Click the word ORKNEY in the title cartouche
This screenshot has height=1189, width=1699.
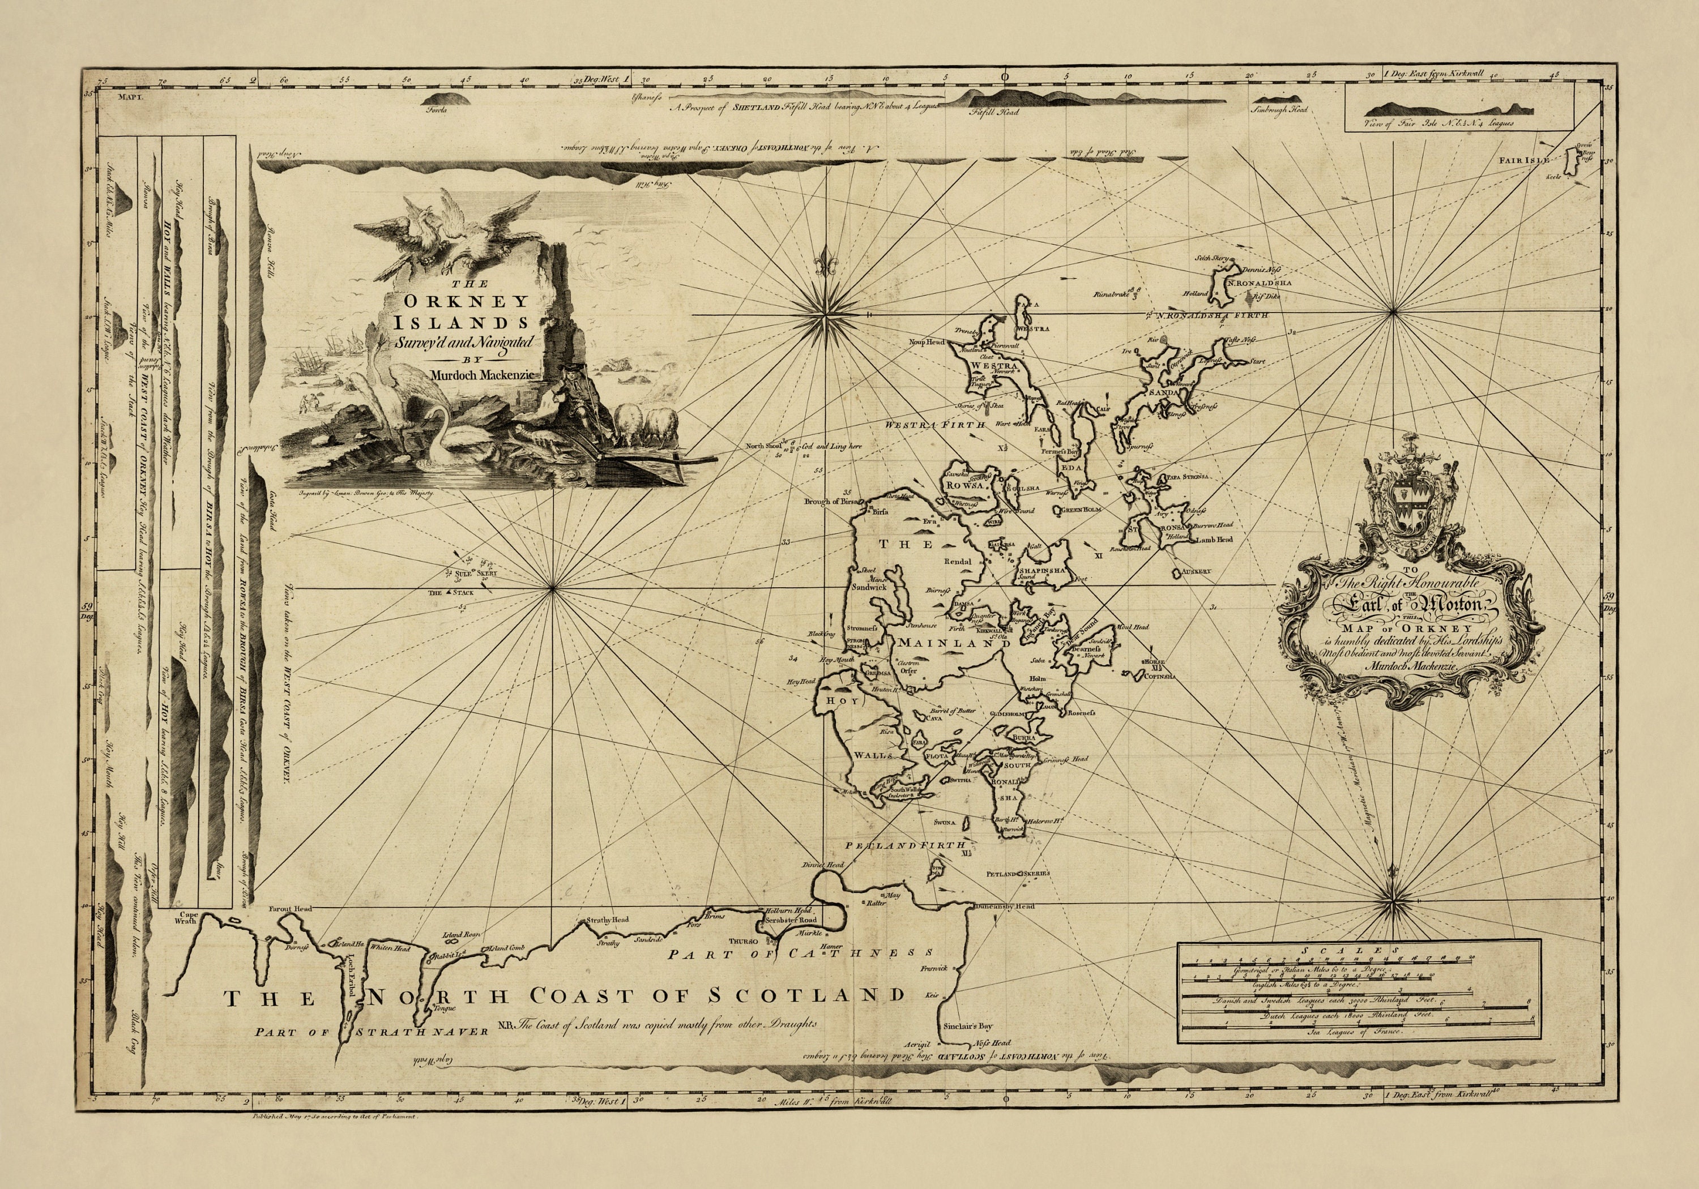click(x=485, y=301)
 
